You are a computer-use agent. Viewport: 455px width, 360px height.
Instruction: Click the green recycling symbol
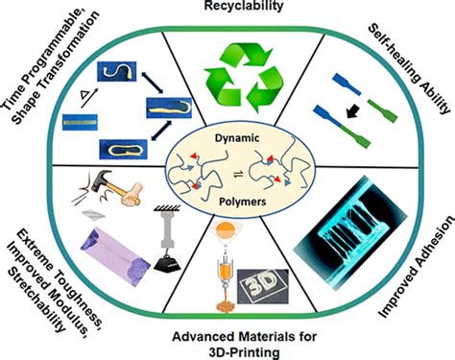[244, 79]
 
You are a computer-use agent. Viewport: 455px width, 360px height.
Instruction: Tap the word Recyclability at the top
[244, 6]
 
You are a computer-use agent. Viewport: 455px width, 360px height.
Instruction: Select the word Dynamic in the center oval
[237, 138]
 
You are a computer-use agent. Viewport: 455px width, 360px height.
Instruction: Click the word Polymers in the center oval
[243, 202]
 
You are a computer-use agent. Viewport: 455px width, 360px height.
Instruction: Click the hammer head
[99, 181]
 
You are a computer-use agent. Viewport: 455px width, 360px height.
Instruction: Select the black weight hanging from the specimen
[168, 263]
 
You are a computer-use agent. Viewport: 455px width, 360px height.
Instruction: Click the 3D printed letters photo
[263, 286]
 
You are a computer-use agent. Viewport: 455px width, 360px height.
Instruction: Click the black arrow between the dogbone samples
[353, 111]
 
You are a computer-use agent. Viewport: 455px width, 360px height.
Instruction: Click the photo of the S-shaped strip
[117, 71]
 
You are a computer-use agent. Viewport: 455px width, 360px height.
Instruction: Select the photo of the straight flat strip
[80, 122]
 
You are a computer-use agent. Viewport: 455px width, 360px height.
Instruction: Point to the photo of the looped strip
[123, 150]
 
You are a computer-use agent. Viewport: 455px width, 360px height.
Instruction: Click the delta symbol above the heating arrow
[84, 94]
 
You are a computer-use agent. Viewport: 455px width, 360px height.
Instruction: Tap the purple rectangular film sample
[115, 257]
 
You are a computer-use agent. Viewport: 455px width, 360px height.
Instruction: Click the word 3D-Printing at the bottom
[244, 353]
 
